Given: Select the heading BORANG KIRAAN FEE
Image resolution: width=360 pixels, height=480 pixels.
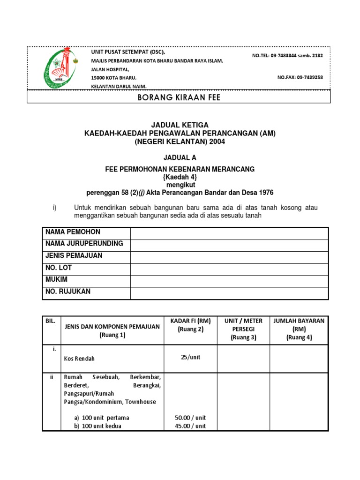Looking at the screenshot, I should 179,97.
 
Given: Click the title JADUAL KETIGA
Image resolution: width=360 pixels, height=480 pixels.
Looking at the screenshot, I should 180,125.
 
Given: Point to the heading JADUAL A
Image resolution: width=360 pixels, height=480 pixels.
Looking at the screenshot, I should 180,158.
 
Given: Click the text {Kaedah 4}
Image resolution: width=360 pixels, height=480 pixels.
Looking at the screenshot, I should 180,177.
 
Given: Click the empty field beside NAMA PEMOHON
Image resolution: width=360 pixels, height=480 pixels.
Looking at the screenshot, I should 229,233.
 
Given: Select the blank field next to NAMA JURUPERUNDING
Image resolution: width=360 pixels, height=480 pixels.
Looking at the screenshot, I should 229,245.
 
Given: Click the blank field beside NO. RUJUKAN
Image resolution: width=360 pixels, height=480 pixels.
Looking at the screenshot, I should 229,292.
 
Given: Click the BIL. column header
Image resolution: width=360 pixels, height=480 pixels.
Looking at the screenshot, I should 51,321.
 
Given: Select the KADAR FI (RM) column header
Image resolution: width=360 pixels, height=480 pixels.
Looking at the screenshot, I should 190,325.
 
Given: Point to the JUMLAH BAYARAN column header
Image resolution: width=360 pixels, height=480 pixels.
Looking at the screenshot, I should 299,329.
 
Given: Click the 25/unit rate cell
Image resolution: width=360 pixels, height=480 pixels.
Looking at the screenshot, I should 190,357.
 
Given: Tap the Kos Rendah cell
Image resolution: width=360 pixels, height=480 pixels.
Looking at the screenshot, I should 79,359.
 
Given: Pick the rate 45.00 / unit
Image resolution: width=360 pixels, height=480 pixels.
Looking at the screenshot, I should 190,426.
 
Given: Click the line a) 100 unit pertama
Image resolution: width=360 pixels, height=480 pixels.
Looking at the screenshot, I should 101,418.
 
